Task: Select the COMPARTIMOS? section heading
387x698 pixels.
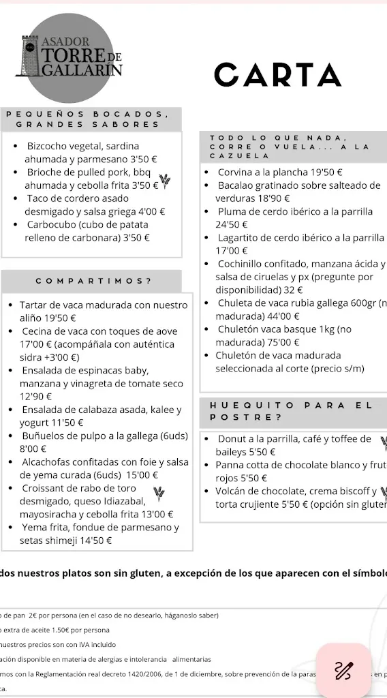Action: coord(93,281)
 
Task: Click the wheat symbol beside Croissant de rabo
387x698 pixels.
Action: coord(159,491)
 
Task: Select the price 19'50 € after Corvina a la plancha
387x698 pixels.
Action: coord(326,172)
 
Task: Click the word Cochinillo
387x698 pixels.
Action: coord(244,264)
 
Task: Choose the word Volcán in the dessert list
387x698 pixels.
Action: coord(232,491)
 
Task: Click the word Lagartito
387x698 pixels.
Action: coord(240,238)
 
